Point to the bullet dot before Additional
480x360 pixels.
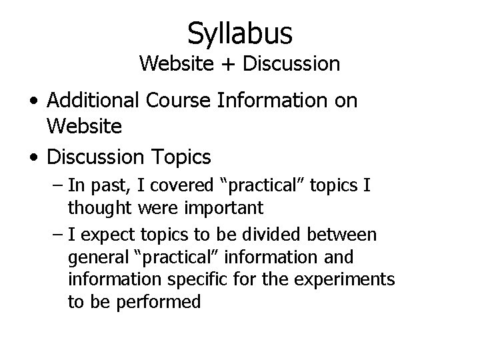click(33, 102)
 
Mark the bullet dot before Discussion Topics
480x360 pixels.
click(33, 158)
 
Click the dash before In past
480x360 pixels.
click(56, 184)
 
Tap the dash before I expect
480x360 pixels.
click(56, 235)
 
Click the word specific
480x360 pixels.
click(200, 280)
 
